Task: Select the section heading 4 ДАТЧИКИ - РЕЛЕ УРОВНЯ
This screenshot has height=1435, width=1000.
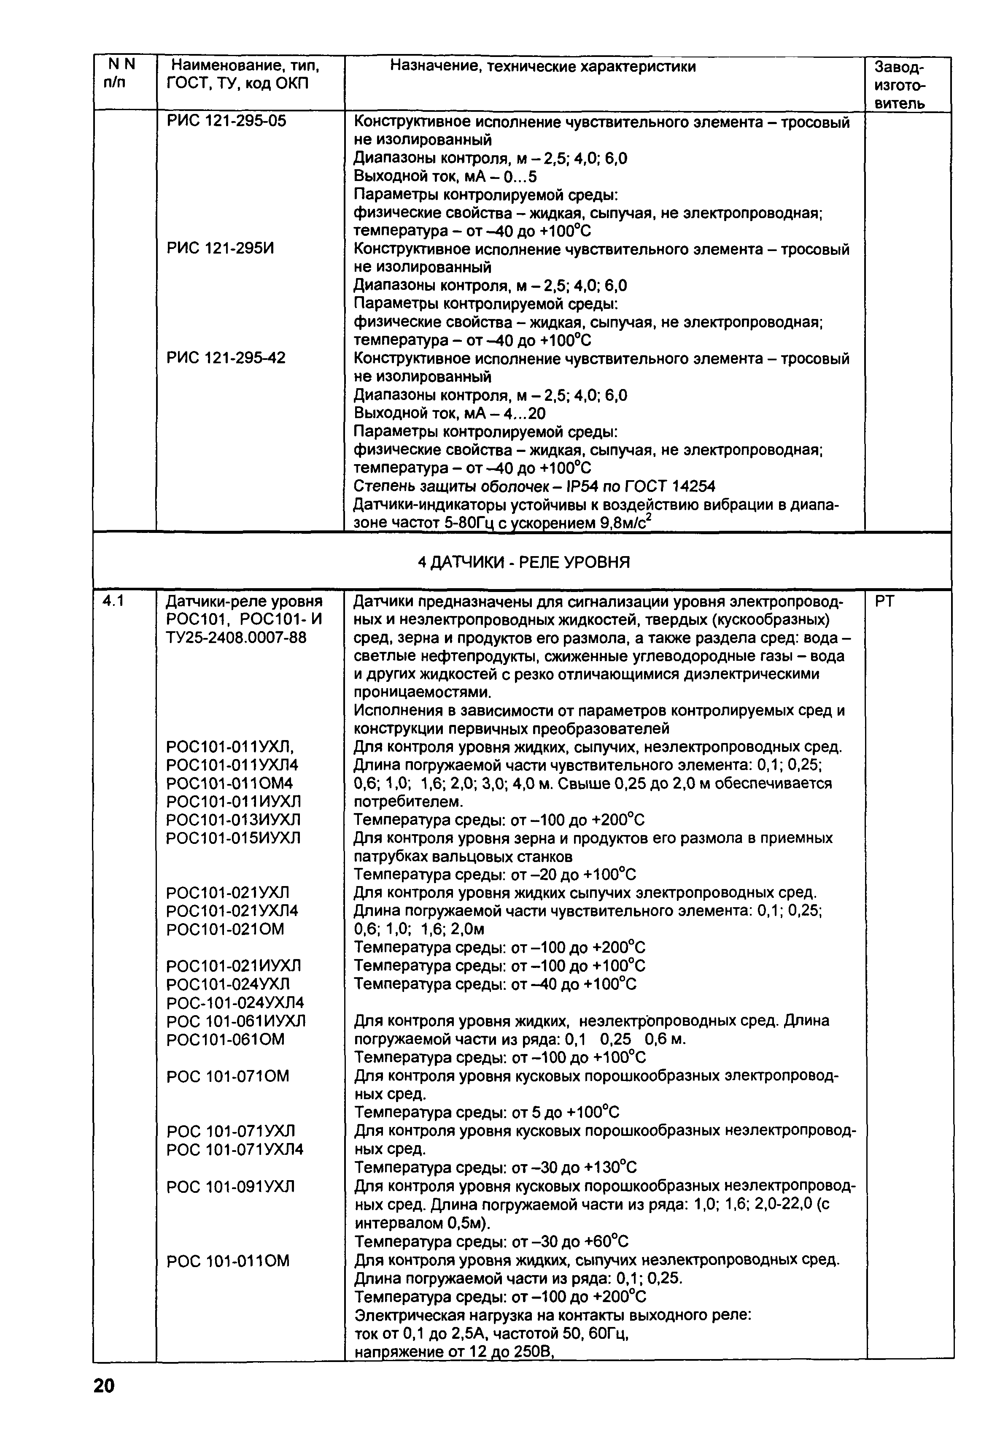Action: (523, 562)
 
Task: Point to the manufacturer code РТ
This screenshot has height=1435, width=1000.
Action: (885, 601)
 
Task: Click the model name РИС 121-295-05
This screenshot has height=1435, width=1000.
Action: (226, 121)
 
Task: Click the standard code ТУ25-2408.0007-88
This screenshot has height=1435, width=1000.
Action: (236, 638)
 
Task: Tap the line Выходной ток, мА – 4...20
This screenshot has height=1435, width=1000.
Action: (449, 414)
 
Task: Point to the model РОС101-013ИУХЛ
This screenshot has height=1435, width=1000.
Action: (233, 819)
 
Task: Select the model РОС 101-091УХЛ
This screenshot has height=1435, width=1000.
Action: (230, 1186)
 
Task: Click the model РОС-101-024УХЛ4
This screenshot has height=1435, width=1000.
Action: (235, 1003)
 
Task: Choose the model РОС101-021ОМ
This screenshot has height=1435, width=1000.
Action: (225, 930)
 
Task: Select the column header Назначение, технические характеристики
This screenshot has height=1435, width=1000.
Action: (542, 66)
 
